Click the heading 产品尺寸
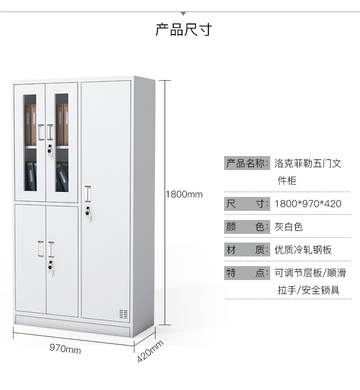(183, 29)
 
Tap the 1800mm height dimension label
(184, 195)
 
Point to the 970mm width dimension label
(65, 350)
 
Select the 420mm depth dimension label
(150, 352)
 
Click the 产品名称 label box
(247, 164)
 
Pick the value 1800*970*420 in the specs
(308, 204)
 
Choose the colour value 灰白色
(288, 227)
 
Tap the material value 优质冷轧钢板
(303, 250)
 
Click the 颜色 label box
(247, 227)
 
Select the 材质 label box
(247, 250)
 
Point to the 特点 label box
(247, 273)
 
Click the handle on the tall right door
(87, 193)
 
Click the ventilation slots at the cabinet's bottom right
(123, 314)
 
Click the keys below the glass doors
(49, 150)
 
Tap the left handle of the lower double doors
(41, 248)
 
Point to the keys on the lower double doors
(51, 267)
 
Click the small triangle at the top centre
(183, 13)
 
